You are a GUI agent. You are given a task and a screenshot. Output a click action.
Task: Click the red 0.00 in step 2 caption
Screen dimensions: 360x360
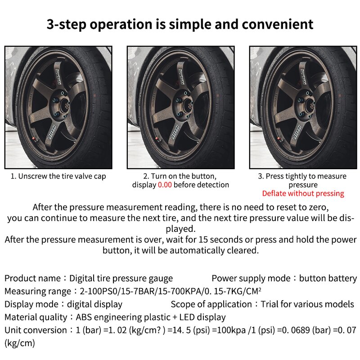(165, 185)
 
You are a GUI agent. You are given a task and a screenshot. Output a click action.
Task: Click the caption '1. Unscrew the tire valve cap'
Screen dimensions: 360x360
(58, 176)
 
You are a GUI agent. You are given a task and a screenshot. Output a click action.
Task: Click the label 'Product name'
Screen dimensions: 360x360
(32, 279)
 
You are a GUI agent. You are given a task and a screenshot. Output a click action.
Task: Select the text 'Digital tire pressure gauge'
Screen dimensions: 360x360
(121, 279)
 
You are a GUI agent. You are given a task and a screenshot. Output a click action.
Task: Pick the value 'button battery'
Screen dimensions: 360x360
(328, 279)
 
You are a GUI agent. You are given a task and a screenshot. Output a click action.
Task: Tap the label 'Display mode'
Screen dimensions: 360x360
(31, 305)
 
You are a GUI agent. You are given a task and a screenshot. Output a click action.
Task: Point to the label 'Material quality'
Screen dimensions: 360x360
(34, 318)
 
